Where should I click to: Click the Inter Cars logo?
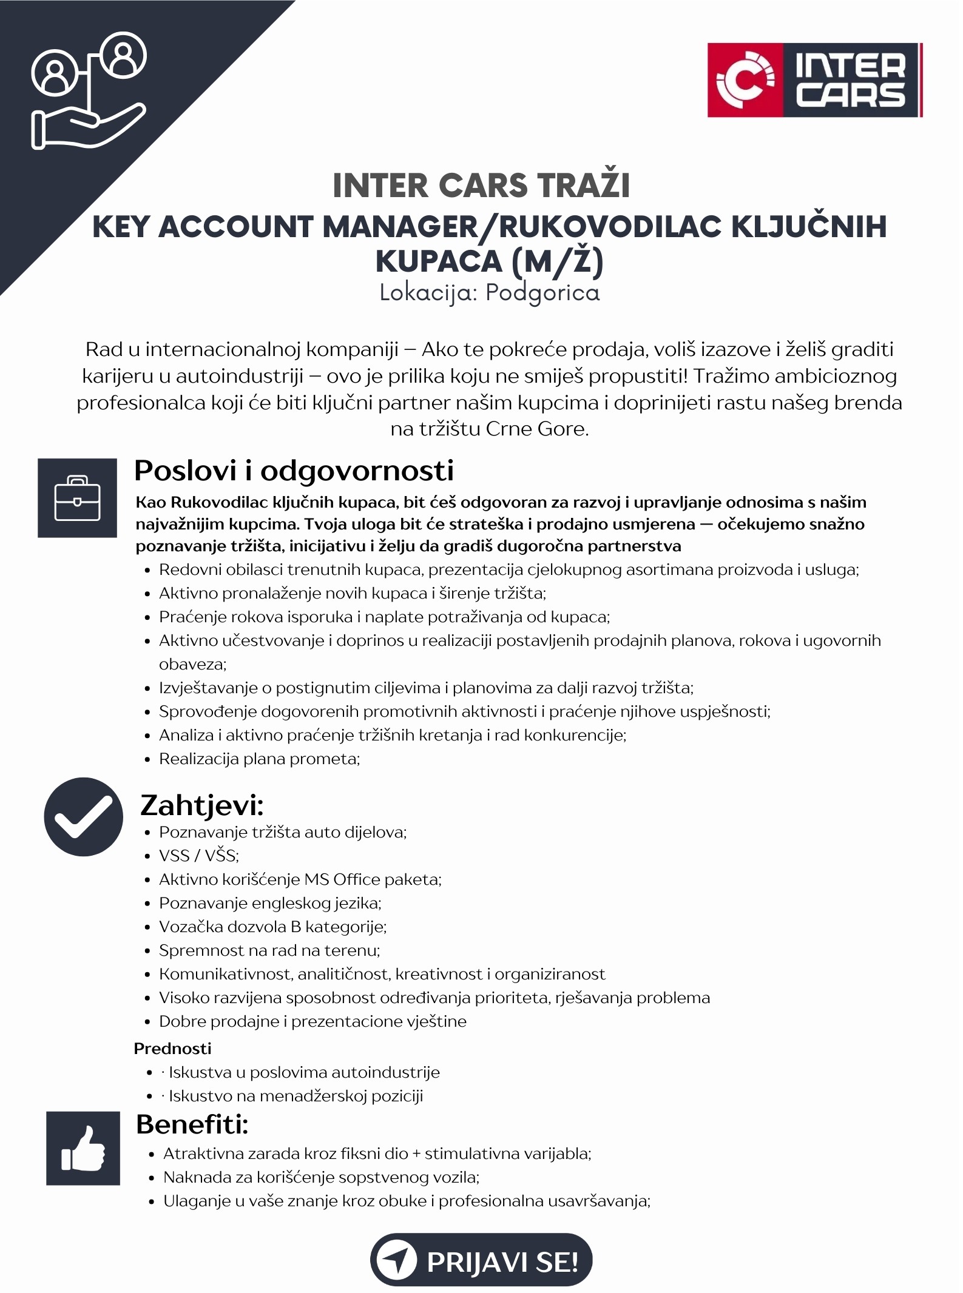coord(814,79)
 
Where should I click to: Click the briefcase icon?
coord(77,498)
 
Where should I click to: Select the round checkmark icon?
coord(83,816)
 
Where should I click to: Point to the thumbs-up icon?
coord(83,1148)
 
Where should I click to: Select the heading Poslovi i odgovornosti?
coord(294,471)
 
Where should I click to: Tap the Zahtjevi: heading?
coord(202,805)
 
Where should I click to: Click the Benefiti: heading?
coord(192,1124)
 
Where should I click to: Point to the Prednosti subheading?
coord(172,1049)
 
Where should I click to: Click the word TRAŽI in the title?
coord(583,186)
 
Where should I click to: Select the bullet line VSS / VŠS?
coord(199,856)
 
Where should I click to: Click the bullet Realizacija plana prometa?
coord(259,759)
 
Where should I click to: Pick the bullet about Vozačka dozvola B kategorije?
coord(272,927)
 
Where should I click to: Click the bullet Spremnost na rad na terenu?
coord(269,950)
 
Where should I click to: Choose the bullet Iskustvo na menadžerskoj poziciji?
coord(296,1096)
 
